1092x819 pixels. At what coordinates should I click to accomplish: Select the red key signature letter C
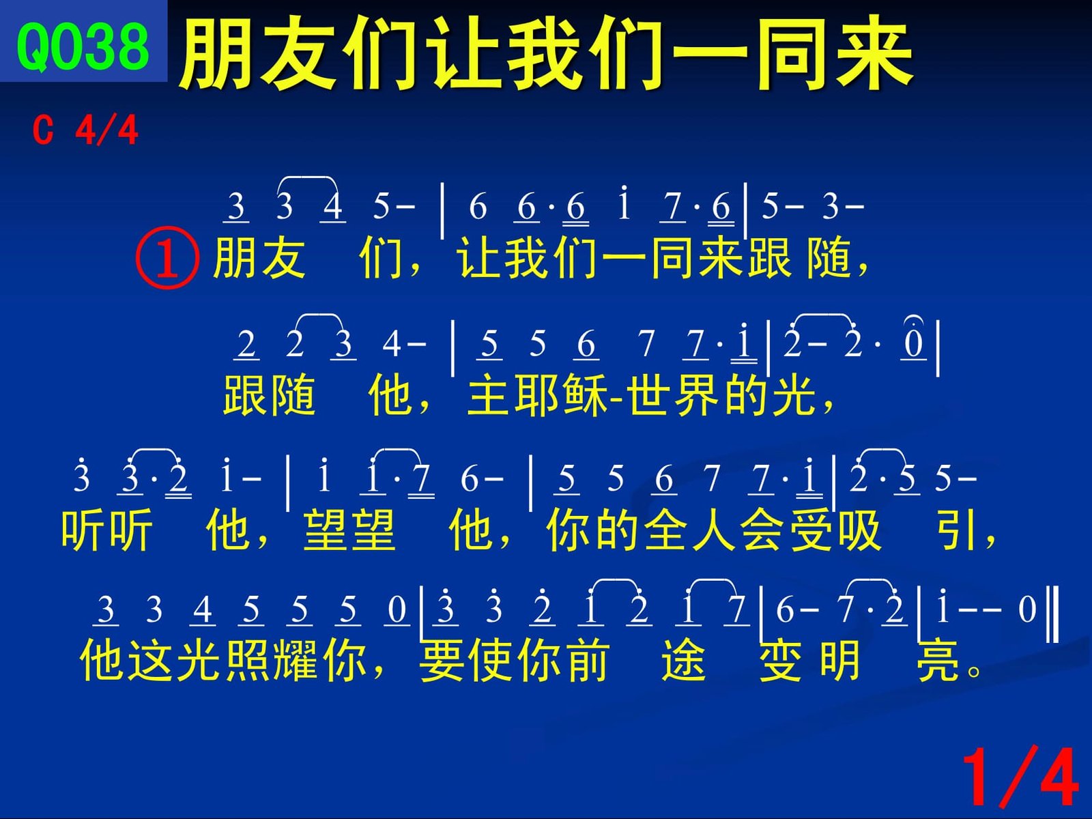point(43,130)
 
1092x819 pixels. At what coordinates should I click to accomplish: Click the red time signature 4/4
point(106,130)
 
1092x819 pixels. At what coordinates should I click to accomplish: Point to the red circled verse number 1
point(168,257)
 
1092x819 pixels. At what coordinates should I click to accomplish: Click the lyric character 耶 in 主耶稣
point(537,395)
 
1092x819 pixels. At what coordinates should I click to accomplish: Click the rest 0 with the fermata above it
point(913,343)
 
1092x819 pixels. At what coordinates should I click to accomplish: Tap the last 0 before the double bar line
point(1027,609)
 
